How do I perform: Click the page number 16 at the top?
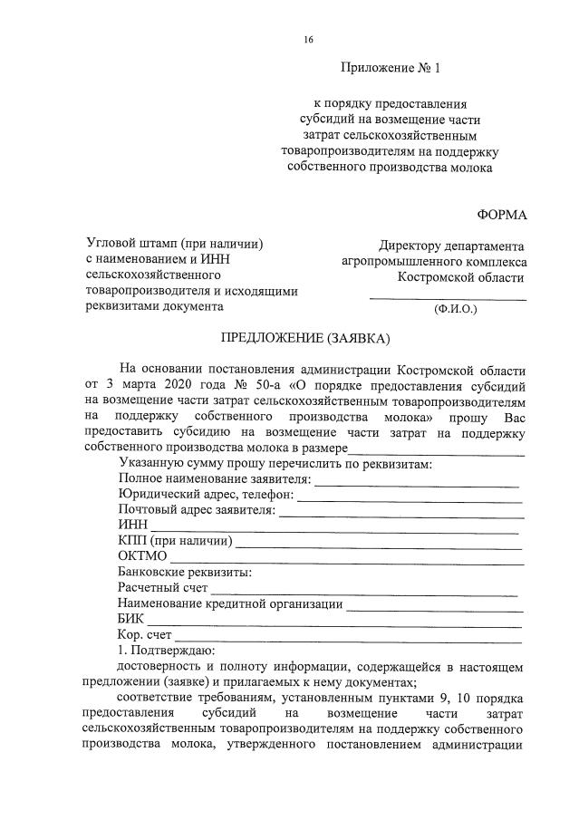(309, 39)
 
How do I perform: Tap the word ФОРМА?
(500, 214)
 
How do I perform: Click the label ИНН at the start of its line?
(132, 526)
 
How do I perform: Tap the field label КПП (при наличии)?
(176, 542)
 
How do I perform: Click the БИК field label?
(132, 619)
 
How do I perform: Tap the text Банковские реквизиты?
(184, 573)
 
